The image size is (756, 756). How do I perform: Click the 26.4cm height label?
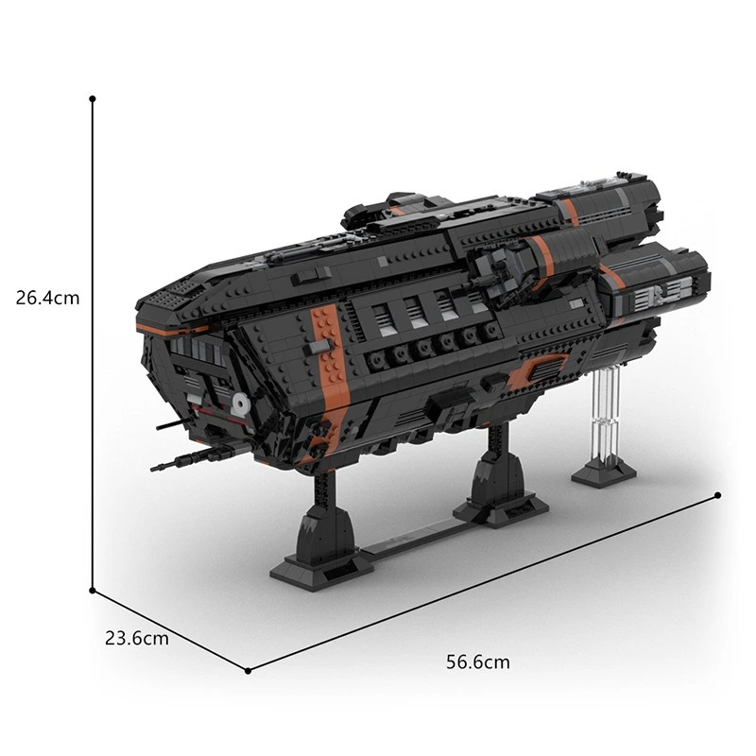coord(48,298)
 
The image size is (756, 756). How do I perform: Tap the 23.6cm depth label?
coord(137,638)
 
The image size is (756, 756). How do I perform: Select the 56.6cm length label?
coord(478,662)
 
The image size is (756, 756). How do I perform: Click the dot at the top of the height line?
coord(93,98)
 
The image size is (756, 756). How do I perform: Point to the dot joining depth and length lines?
coord(248,670)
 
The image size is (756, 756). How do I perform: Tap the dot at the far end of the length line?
coord(718,494)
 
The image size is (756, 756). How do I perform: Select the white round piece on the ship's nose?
coord(238,404)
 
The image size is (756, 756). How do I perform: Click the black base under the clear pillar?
coord(603,472)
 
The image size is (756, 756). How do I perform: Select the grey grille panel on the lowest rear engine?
coord(652,293)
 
